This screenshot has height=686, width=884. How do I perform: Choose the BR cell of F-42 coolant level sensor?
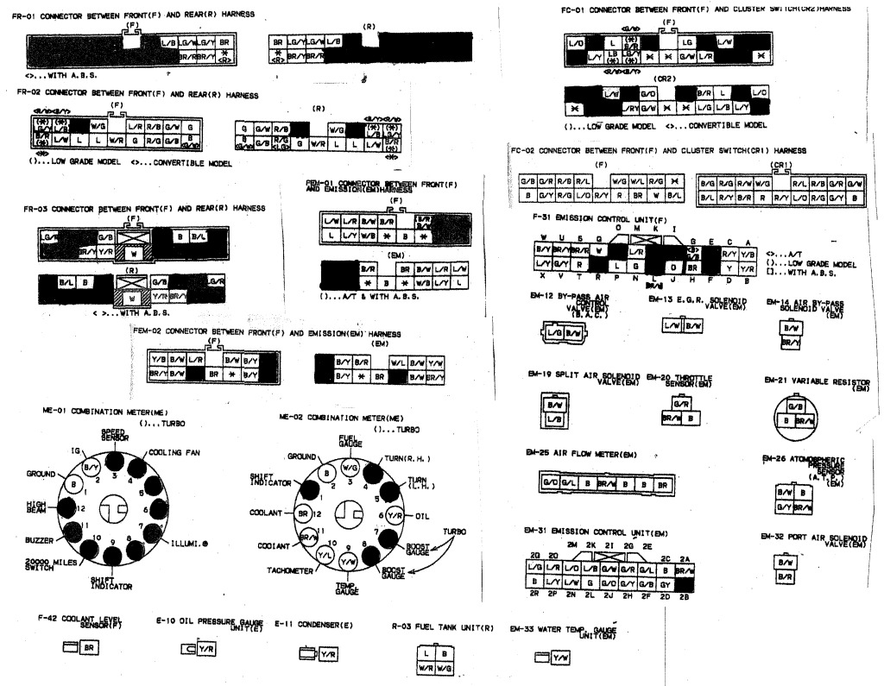pyautogui.click(x=88, y=646)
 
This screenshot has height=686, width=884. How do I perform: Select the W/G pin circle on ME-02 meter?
pyautogui.click(x=350, y=467)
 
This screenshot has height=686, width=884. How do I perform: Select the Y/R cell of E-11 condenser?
pyautogui.click(x=329, y=656)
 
